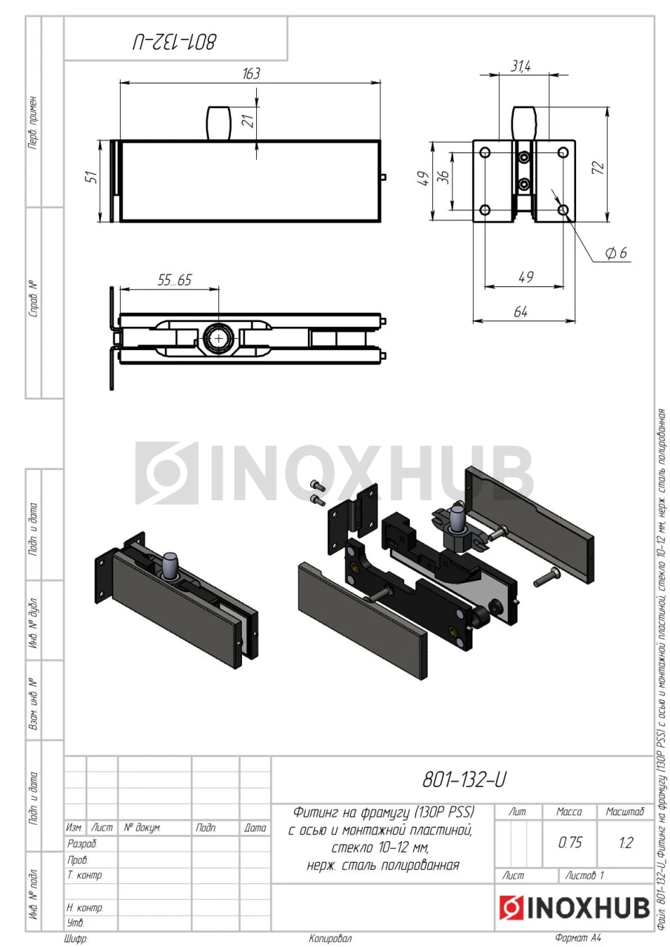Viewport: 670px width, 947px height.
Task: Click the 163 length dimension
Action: (251, 73)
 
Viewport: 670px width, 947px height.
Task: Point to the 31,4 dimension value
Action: (520, 66)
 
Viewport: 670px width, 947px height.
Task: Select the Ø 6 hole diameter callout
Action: (616, 253)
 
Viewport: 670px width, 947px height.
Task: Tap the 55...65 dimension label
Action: (174, 280)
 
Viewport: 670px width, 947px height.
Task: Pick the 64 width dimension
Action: (520, 312)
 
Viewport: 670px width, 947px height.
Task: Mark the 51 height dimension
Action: (91, 176)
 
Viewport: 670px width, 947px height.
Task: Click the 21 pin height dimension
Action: (249, 121)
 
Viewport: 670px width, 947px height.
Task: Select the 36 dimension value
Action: (443, 177)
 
